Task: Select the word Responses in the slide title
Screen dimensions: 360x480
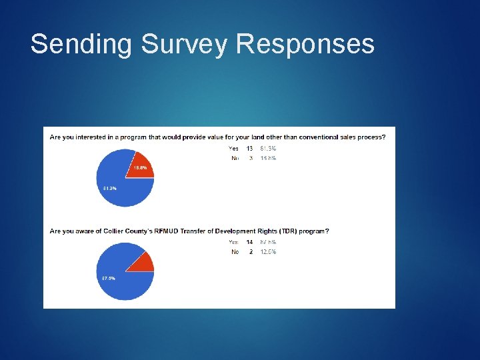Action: tap(305, 44)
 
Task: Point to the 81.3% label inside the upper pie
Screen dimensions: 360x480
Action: tap(110, 189)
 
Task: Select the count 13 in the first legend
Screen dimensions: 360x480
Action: tap(250, 148)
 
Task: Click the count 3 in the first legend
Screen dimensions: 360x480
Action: tap(250, 158)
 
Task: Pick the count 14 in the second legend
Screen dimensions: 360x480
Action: tap(250, 242)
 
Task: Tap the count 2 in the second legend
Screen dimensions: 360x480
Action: tap(250, 252)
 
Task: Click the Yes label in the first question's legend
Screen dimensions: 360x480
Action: tap(233, 148)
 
